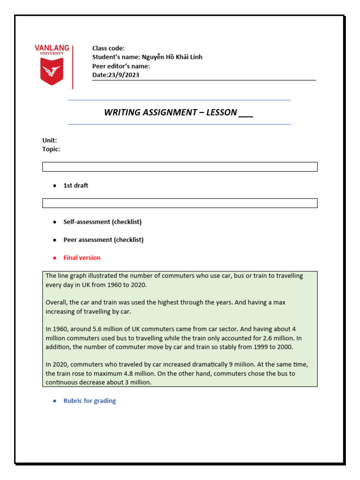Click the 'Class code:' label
[108, 48]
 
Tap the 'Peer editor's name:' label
[121, 66]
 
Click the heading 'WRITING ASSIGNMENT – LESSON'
[178, 112]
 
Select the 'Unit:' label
[50, 140]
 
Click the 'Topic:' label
[51, 149]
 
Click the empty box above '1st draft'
[180, 167]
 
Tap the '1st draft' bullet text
[75, 186]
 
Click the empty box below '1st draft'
[180, 203]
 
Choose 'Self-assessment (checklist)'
[102, 222]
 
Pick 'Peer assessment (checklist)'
[103, 240]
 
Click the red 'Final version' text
[82, 258]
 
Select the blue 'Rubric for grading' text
[90, 401]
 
